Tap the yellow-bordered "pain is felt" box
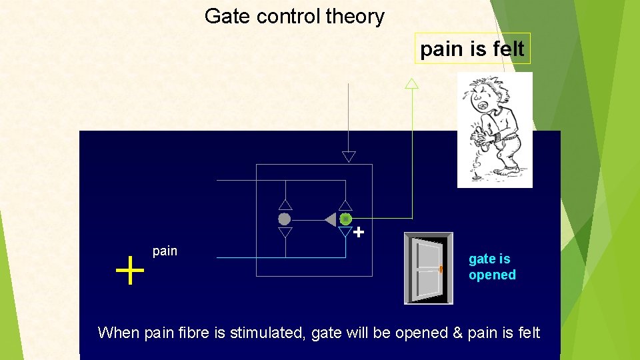coord(472,49)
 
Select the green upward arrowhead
coord(412,83)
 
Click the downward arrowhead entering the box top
coord(349,157)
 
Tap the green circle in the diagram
coord(345,219)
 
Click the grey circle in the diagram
coord(285,219)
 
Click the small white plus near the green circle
coord(359,233)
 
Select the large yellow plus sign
coord(130,272)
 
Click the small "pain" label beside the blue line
coord(165,251)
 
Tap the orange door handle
coord(441,269)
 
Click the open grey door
coord(427,268)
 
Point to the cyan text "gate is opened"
coord(492,267)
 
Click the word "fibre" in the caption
coord(193,333)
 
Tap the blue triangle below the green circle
coord(345,233)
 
